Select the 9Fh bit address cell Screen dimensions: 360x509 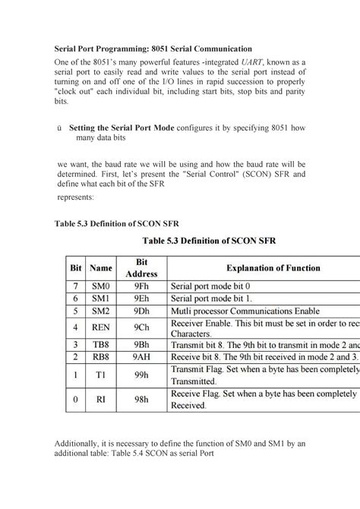(141, 286)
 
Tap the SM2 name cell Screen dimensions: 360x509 (100, 311)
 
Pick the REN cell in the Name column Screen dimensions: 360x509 (100, 327)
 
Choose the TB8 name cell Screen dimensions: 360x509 (100, 344)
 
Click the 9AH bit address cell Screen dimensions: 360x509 (141, 356)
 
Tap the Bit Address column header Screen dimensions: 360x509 (141, 267)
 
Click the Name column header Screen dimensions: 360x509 (100, 267)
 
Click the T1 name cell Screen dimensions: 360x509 (100, 375)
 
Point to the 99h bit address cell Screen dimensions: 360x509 (141, 375)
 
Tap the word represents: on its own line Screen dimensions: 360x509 (76, 197)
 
